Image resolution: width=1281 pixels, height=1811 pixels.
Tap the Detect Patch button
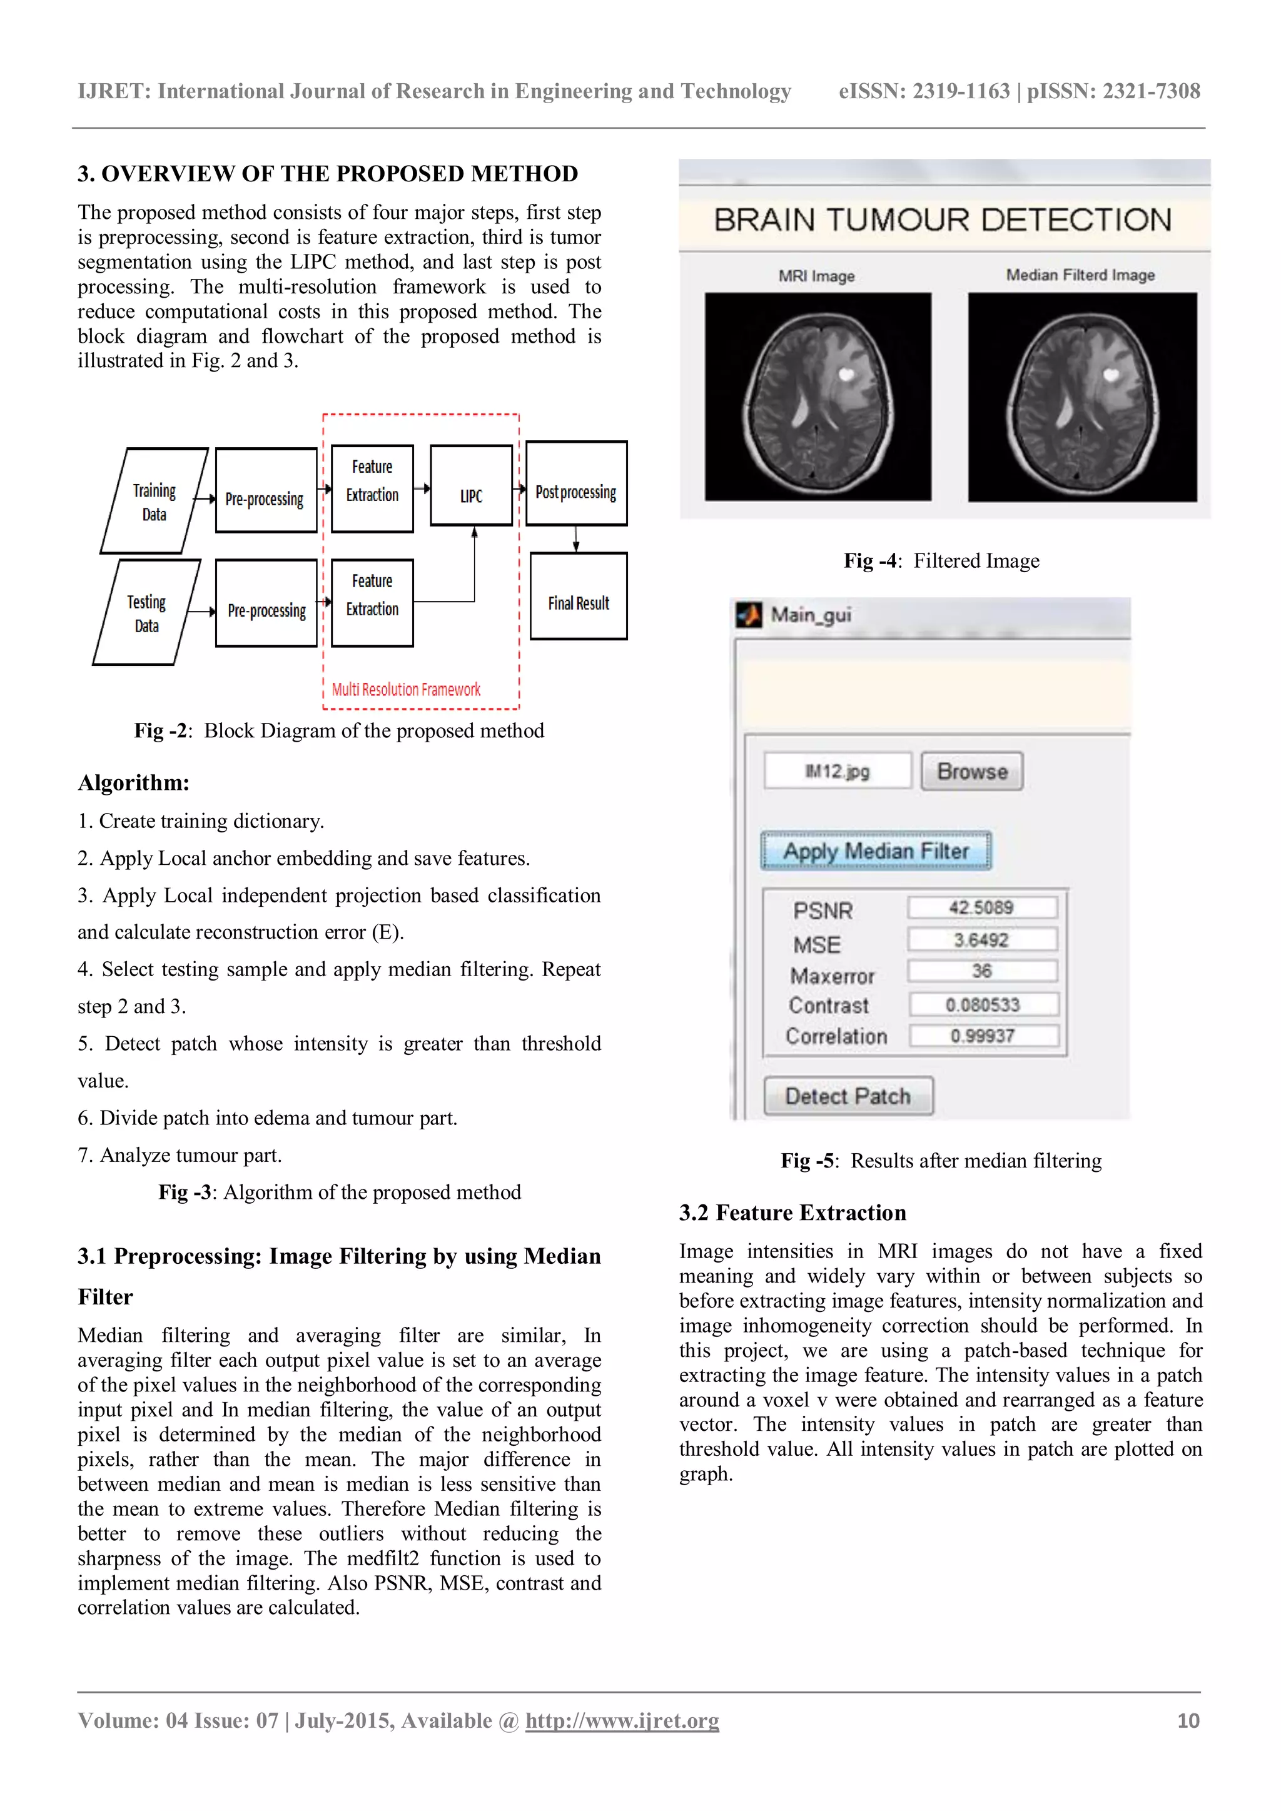click(848, 1096)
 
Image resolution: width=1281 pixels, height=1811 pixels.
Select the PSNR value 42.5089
click(981, 907)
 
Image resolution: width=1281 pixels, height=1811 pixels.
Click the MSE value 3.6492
click(981, 939)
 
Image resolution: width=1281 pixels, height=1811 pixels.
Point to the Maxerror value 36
click(981, 971)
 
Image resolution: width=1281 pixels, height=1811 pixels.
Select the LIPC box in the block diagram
click(471, 486)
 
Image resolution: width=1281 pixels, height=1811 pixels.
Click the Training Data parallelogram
click(154, 502)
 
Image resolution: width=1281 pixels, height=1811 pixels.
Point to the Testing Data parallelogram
click(147, 613)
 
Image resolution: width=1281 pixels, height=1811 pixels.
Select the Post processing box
click(576, 483)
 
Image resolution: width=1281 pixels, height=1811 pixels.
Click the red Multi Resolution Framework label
click(405, 689)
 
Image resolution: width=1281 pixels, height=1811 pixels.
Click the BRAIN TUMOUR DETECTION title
click(943, 219)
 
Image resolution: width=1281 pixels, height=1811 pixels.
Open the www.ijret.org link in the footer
click(622, 1720)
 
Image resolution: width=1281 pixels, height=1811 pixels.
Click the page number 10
click(1188, 1720)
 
